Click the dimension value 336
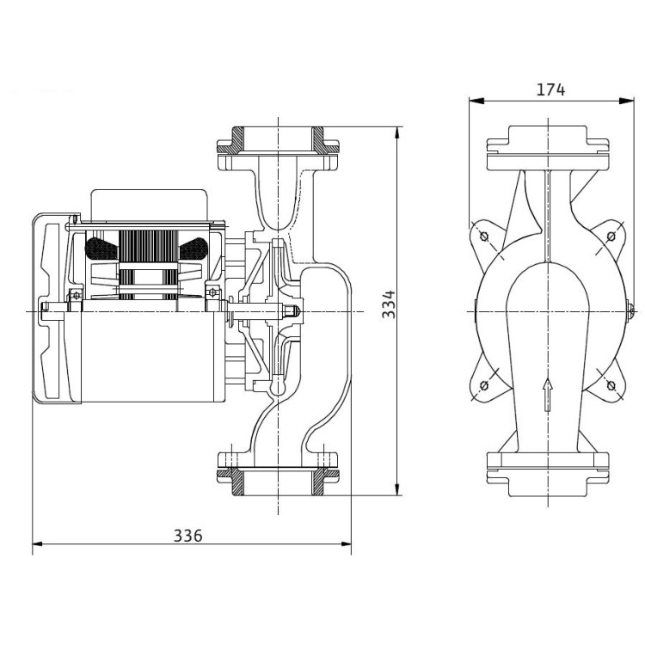tap(187, 535)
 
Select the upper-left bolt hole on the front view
tap(483, 236)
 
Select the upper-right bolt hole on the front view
tap(611, 236)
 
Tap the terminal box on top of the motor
tap(150, 202)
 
